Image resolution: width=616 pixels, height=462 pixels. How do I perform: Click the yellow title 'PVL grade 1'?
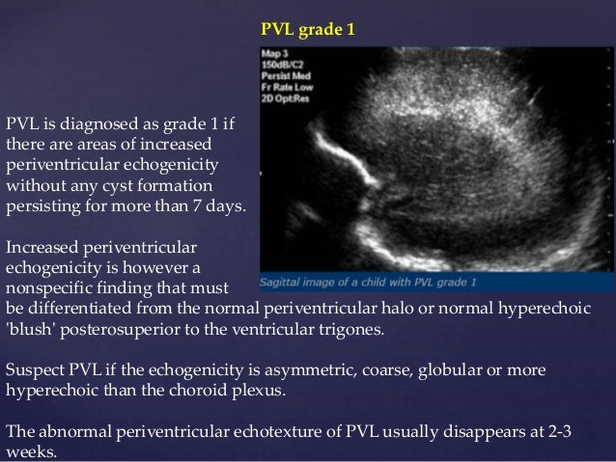coord(308,30)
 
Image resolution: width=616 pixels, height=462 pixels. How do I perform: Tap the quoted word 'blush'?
coord(30,329)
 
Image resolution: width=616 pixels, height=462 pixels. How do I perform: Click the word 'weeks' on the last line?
coord(29,452)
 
